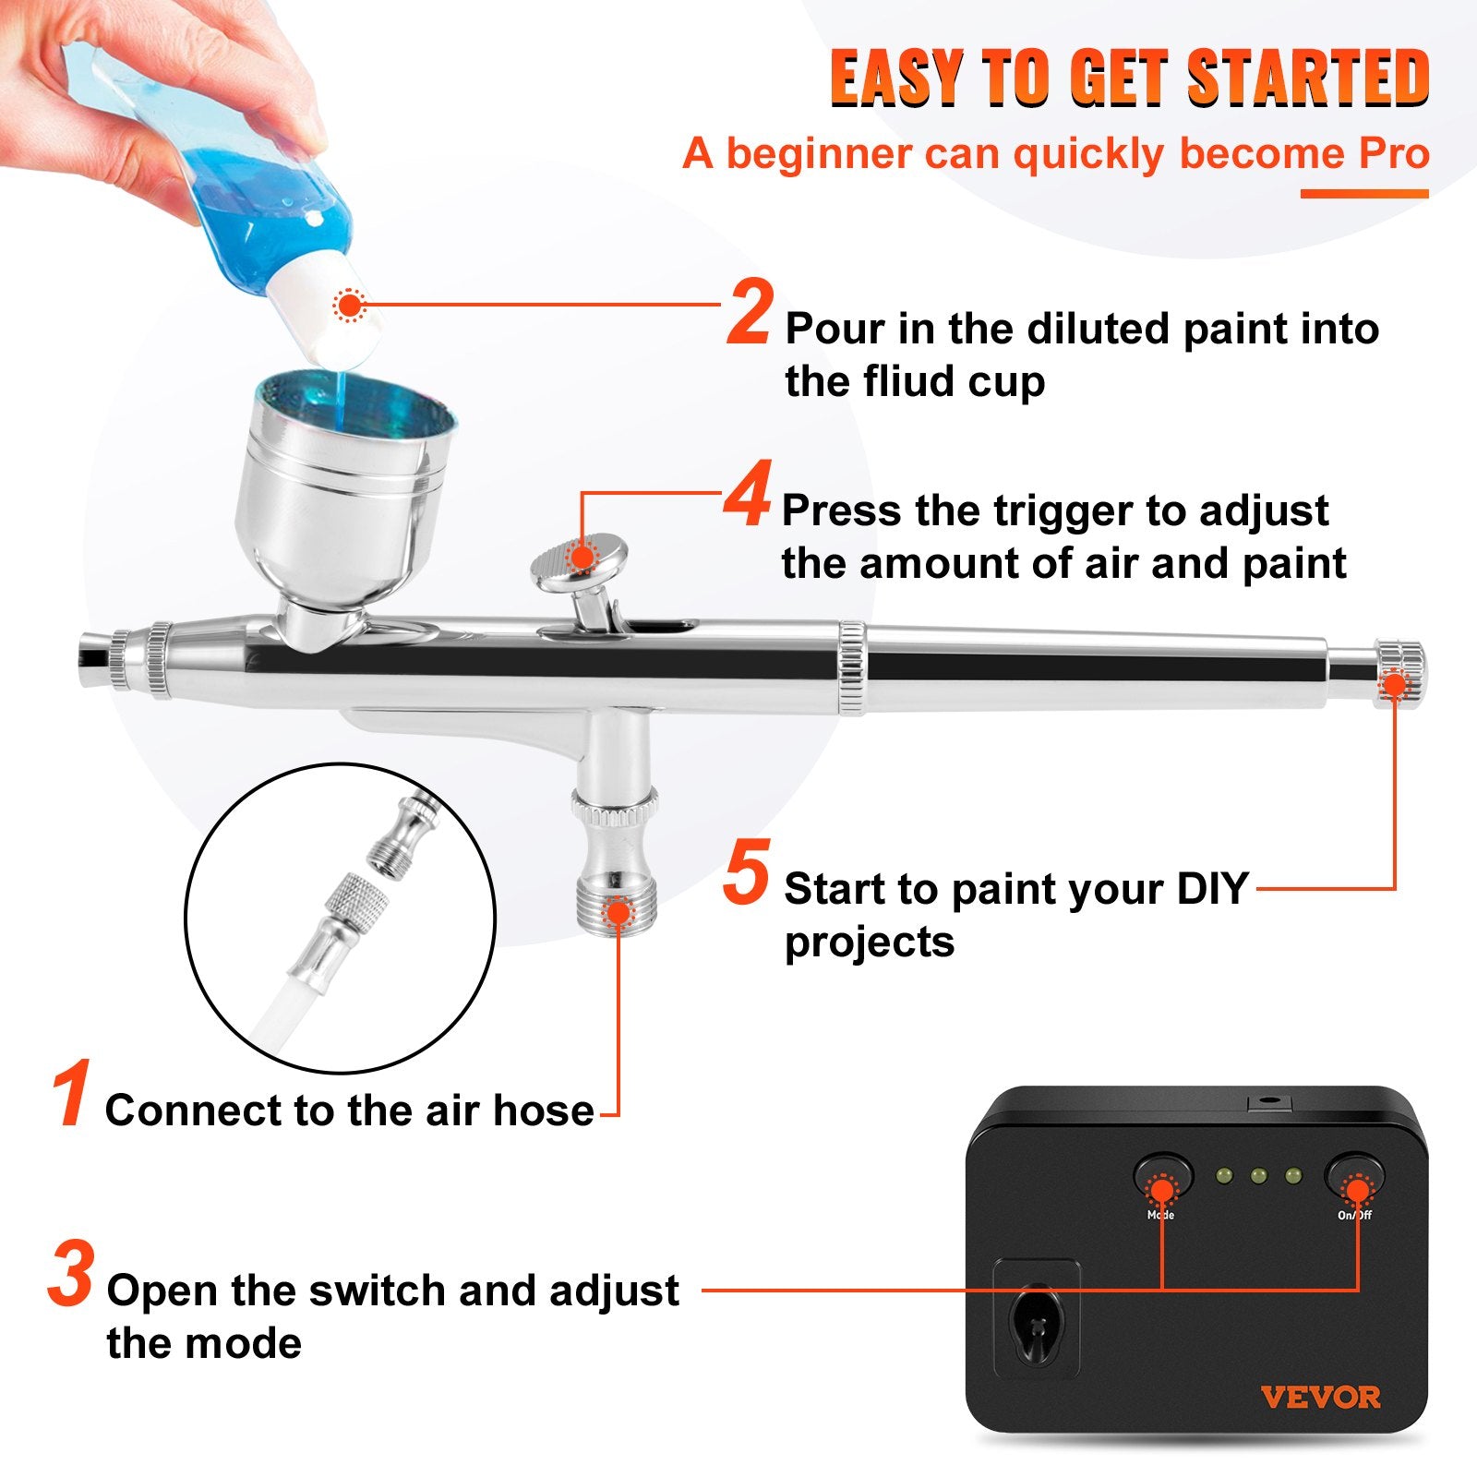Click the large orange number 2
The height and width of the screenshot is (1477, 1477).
click(749, 314)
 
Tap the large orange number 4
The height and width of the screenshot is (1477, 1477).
click(747, 497)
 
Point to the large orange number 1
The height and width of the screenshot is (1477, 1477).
click(71, 1095)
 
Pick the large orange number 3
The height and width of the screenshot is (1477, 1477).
click(70, 1275)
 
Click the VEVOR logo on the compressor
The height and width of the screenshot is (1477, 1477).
click(1320, 1397)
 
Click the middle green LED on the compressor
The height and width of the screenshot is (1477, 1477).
click(1257, 1176)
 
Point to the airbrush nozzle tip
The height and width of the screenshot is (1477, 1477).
click(93, 654)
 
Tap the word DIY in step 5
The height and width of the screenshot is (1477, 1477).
click(1211, 888)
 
